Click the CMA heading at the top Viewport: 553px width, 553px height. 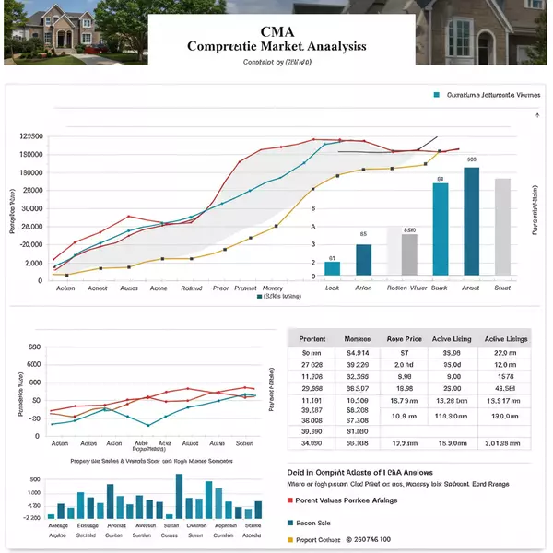(276, 28)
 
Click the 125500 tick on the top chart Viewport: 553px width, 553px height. (31, 136)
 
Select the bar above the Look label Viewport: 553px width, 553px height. (332, 268)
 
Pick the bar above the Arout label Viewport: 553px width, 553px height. (471, 220)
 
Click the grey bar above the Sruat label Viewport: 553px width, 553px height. (502, 226)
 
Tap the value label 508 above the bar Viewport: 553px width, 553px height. (472, 159)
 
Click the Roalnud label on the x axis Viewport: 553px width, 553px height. (192, 288)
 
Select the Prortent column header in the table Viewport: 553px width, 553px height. (312, 339)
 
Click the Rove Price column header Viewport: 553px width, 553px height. (404, 339)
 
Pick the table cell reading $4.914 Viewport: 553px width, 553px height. (357, 353)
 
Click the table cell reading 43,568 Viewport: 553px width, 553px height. (506, 388)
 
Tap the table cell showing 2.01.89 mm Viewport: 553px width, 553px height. (506, 443)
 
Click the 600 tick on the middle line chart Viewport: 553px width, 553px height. (35, 364)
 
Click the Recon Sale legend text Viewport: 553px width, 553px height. (314, 523)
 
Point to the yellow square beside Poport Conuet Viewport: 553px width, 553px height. (281, 539)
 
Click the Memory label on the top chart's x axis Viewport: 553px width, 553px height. (273, 288)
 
